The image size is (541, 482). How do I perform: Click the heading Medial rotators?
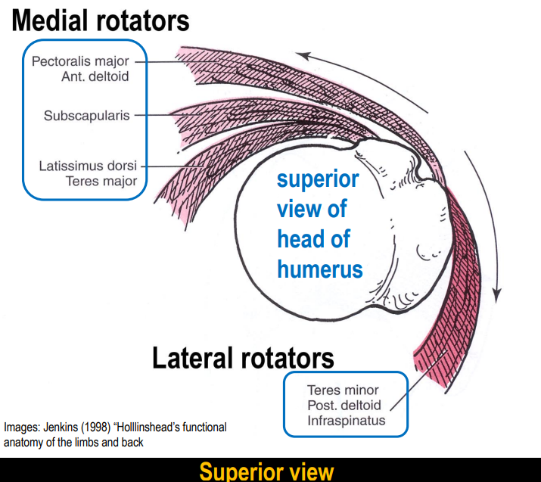point(99,20)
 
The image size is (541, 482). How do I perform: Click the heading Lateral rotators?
point(243,357)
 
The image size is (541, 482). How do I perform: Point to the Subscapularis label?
point(86,115)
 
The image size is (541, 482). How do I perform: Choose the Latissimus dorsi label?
point(89,166)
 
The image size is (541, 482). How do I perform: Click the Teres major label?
point(101,181)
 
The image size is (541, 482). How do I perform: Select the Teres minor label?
point(343,390)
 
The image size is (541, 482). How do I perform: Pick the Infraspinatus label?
point(346,420)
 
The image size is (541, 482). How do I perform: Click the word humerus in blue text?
point(319,269)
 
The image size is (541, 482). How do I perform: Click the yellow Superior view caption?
point(266,471)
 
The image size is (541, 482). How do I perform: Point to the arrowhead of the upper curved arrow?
point(300,54)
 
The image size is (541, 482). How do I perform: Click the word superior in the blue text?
point(317,180)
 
